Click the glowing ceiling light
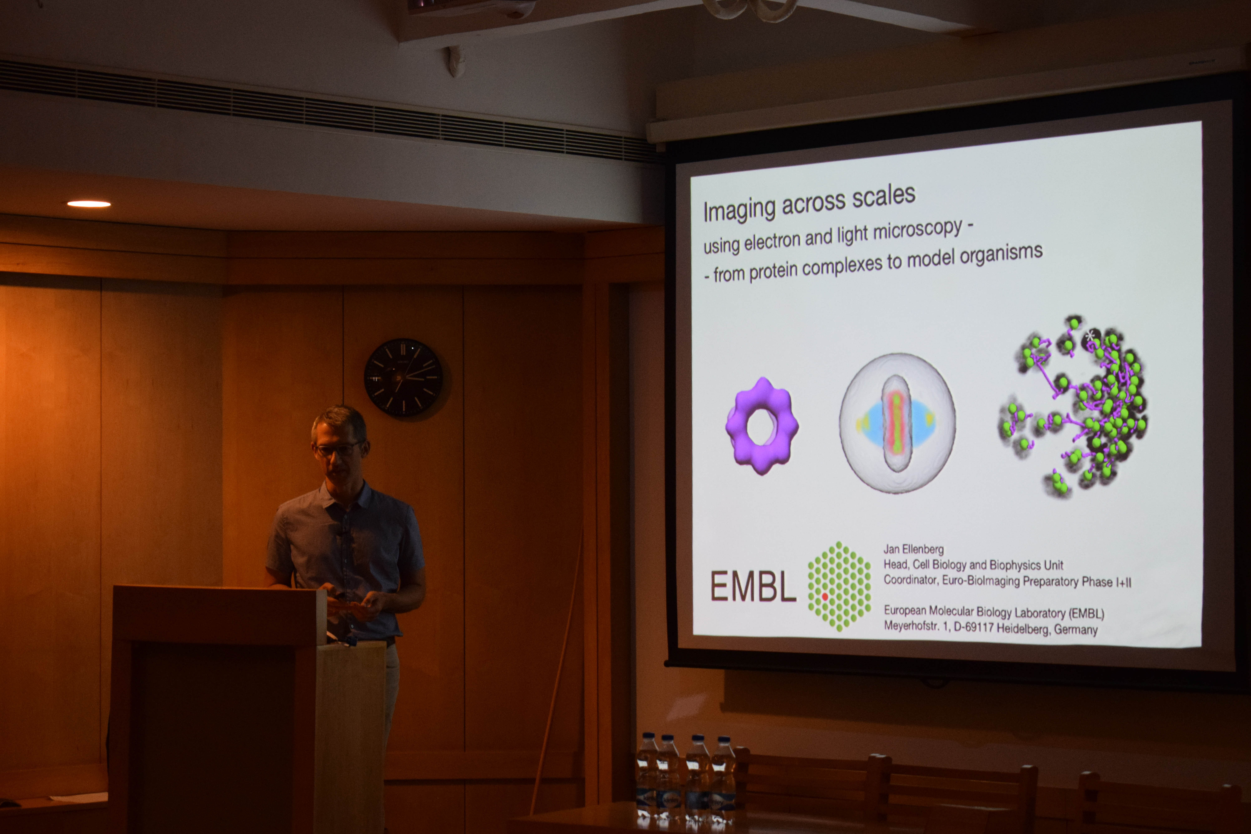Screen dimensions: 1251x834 click(x=89, y=204)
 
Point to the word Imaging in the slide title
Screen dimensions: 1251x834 click(x=739, y=210)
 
